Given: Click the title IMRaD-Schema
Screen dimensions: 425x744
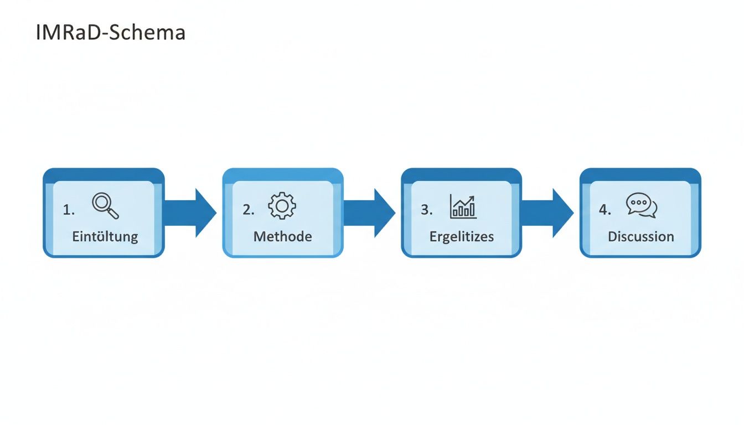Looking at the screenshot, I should [111, 33].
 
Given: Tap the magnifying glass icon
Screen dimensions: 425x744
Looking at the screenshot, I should [105, 205].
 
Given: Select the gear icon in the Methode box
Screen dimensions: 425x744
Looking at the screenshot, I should [282, 206].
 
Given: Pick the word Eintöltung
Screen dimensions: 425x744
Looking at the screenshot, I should [105, 237].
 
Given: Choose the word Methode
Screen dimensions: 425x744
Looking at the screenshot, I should [282, 237].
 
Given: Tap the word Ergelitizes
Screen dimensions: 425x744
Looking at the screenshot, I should [462, 237].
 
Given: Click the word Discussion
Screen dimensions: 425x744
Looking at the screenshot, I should [640, 237].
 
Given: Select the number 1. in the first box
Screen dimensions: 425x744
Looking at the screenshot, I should [69, 210].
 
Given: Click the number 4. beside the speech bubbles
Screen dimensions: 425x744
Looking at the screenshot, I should [605, 210].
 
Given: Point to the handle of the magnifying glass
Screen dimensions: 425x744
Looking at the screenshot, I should [113, 214].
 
